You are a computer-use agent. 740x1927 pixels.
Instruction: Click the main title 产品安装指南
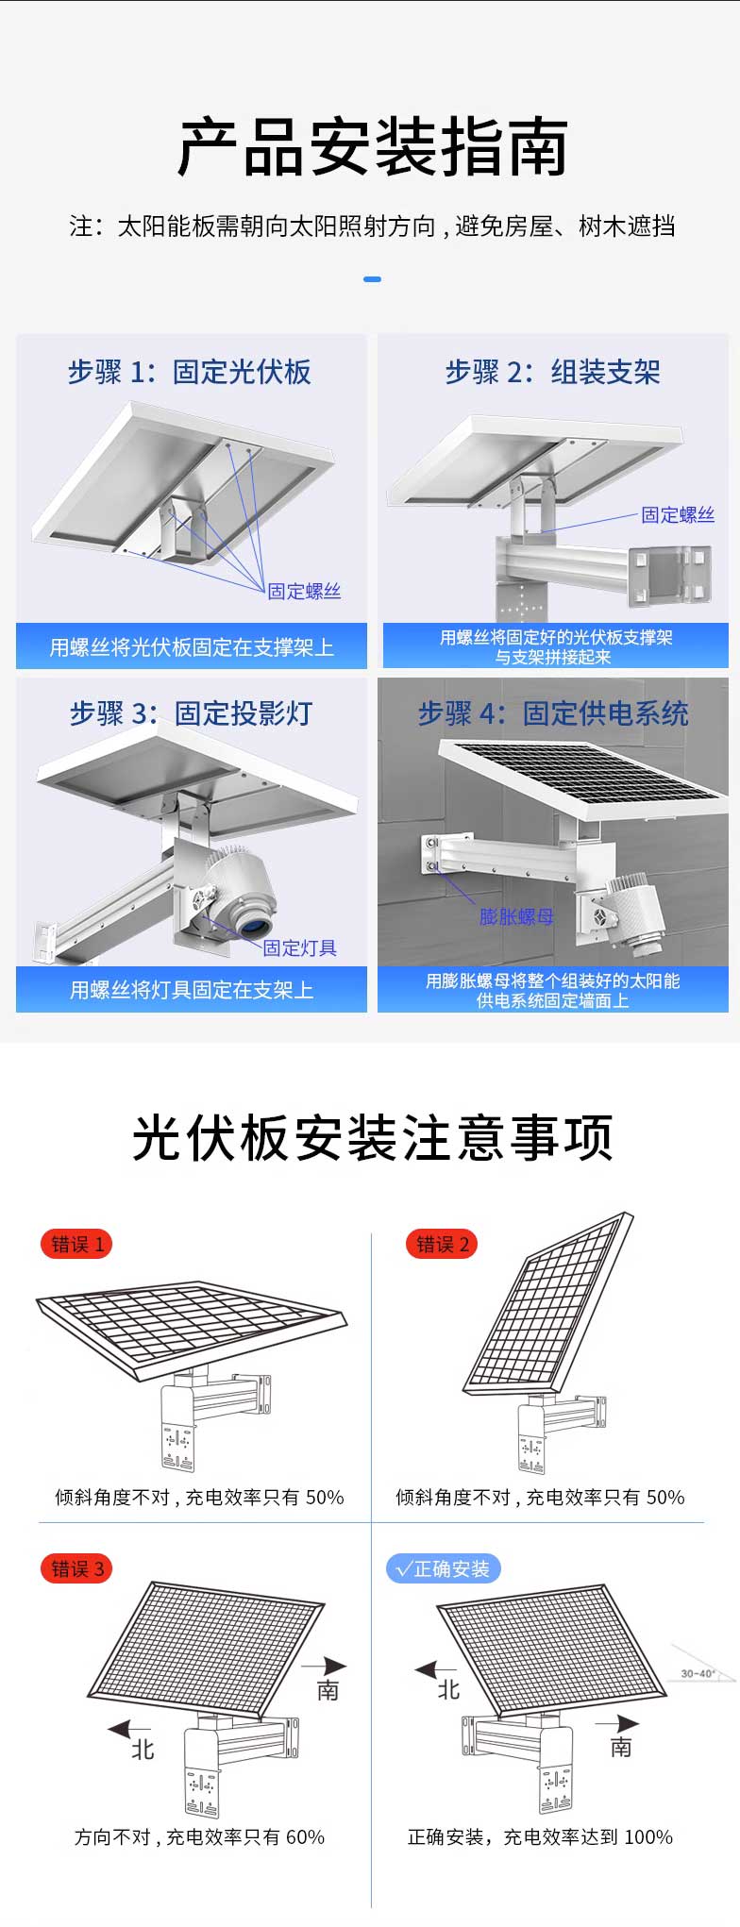[x=373, y=147]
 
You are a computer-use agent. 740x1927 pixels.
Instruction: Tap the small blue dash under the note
[x=372, y=279]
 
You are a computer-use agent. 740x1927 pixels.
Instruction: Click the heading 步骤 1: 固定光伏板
[x=190, y=372]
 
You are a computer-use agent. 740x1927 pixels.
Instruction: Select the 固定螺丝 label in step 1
[x=304, y=591]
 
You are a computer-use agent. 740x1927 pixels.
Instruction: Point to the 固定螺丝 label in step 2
[x=678, y=514]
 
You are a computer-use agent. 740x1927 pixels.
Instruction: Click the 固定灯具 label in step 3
[x=299, y=947]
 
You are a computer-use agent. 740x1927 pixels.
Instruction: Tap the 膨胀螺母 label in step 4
[x=516, y=916]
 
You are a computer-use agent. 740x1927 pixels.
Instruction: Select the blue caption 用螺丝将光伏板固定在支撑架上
[x=192, y=647]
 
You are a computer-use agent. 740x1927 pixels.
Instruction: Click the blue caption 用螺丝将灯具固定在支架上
[x=192, y=989]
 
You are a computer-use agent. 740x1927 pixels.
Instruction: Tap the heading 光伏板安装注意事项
[x=373, y=1137]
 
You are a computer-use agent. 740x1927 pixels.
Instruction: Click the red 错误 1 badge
[x=76, y=1244]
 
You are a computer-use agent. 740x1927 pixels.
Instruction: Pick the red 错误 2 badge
[x=442, y=1244]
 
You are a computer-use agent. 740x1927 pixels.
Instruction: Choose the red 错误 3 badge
[x=76, y=1568]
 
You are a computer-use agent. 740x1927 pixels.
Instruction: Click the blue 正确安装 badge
[x=444, y=1568]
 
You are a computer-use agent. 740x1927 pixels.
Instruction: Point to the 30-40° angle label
[x=698, y=1673]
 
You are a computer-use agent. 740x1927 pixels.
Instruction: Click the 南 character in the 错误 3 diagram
[x=328, y=1689]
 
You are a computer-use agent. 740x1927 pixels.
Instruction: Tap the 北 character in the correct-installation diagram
[x=448, y=1689]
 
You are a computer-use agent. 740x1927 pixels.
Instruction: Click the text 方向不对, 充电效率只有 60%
[x=199, y=1836]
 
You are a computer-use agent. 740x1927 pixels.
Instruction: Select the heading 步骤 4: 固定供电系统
[x=553, y=713]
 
